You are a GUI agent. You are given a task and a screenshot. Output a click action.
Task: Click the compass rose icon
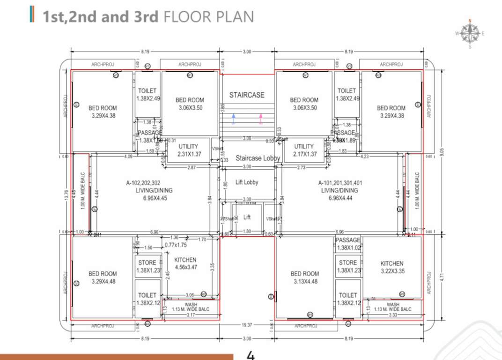pyautogui.click(x=469, y=32)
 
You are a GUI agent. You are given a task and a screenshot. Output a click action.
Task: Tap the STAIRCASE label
pyautogui.click(x=247, y=95)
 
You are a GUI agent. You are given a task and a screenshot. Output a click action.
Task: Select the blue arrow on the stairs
pyautogui.click(x=233, y=118)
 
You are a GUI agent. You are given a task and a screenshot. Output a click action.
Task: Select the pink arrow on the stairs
pyautogui.click(x=261, y=118)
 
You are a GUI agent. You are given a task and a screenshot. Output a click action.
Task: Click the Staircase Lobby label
pyautogui.click(x=258, y=158)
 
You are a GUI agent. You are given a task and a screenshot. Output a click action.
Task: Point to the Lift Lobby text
pyautogui.click(x=247, y=182)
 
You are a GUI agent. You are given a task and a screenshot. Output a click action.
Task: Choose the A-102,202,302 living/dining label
pyautogui.click(x=154, y=190)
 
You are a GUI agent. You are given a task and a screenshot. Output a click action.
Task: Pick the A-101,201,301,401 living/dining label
pyautogui.click(x=340, y=190)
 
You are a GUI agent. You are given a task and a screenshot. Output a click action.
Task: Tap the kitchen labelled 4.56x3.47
pyautogui.click(x=185, y=263)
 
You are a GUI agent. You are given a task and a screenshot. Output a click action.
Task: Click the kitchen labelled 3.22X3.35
pyautogui.click(x=391, y=267)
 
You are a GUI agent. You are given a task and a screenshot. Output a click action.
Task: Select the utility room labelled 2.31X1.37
pyautogui.click(x=188, y=150)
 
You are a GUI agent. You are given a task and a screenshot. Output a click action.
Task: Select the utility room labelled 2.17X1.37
pyautogui.click(x=304, y=150)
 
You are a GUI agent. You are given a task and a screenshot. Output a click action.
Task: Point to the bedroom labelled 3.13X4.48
pyautogui.click(x=304, y=277)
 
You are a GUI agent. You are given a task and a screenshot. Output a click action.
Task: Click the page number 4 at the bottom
pyautogui.click(x=251, y=355)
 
